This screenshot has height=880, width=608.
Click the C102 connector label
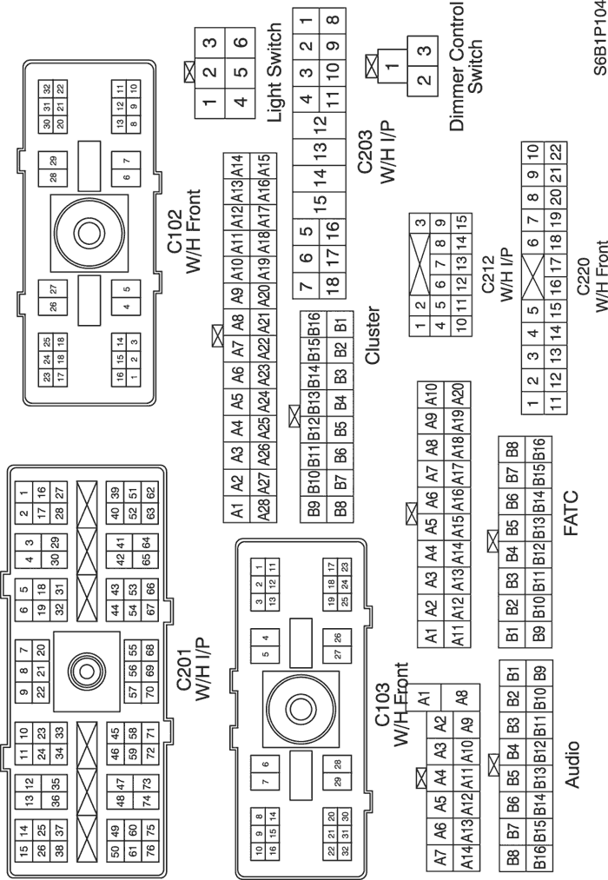click(x=175, y=232)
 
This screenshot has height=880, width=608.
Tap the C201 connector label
click(x=185, y=669)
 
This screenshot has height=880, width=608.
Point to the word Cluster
click(x=373, y=335)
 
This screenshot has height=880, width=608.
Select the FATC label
click(x=570, y=513)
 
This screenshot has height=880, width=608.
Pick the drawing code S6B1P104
click(x=599, y=37)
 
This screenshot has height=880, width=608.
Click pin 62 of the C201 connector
click(x=149, y=493)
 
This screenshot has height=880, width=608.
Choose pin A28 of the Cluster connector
click(x=264, y=509)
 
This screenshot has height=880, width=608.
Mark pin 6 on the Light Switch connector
click(x=241, y=42)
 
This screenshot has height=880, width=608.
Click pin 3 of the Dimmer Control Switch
click(x=425, y=50)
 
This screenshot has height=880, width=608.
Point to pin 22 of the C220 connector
click(x=555, y=151)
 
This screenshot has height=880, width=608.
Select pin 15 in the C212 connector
click(x=461, y=222)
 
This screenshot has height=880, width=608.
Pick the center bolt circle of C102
click(x=89, y=232)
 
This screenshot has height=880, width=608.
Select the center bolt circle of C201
click(x=86, y=671)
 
